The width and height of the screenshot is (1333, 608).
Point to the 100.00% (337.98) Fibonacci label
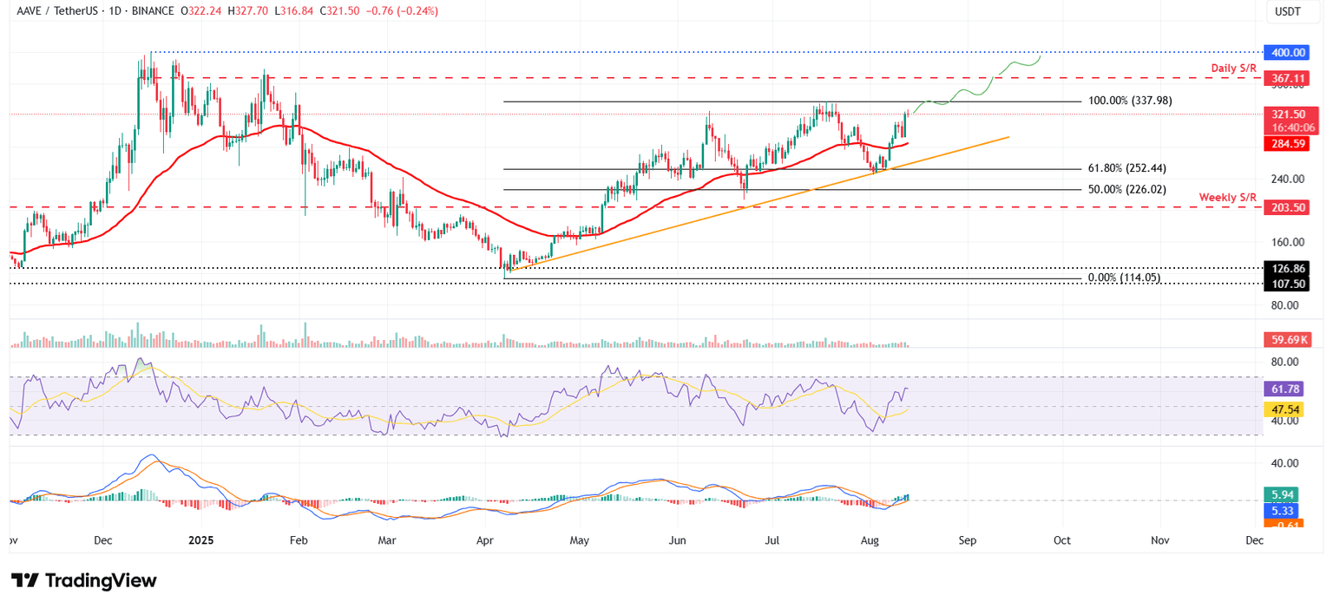pos(1129,101)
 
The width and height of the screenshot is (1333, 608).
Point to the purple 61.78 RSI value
pos(1286,389)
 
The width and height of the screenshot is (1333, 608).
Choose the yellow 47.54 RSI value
pos(1286,408)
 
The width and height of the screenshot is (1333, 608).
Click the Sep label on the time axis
pos(968,539)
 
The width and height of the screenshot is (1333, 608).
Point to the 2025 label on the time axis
pos(200,539)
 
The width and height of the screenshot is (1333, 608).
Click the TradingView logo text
pos(100,580)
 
